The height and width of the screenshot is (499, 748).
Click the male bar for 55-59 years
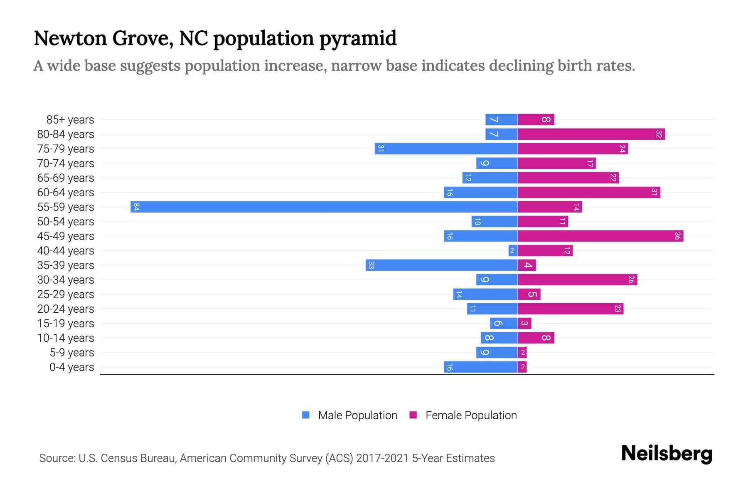324,207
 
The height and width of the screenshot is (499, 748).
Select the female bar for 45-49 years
600,236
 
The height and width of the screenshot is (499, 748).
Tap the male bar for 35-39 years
441,265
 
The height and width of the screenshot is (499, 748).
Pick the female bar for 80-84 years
591,134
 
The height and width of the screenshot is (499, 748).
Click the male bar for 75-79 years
446,148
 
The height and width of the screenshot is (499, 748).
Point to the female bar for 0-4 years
522,367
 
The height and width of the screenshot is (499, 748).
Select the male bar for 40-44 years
513,250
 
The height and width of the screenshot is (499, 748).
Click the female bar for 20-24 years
570,309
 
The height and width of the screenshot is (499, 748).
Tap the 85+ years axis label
70,120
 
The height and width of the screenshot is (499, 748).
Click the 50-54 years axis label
66,222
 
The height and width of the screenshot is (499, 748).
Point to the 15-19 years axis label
66,324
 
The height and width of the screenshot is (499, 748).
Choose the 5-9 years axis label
72,353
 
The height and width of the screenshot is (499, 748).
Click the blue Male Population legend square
306,415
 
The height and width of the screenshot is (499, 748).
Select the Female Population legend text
471,415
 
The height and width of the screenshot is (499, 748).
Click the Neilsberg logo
667,454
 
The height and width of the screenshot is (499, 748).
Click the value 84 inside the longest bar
136,207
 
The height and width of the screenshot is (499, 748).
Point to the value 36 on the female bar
677,236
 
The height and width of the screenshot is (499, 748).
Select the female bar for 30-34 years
577,279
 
